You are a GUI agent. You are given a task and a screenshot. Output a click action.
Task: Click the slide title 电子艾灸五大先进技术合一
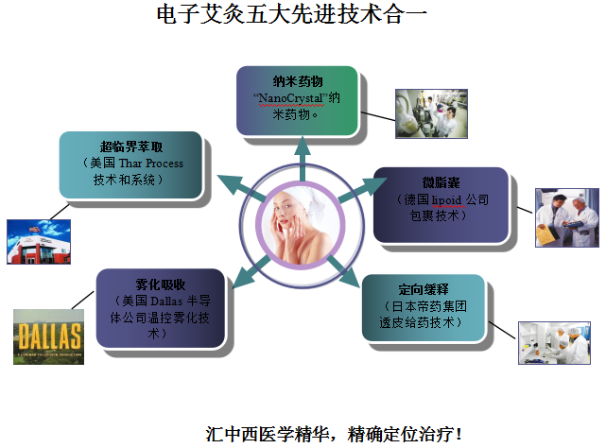[x=292, y=15]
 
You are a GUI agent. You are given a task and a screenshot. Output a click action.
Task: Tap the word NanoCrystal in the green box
[x=290, y=98]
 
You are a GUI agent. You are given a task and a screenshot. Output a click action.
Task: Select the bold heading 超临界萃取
[x=131, y=146]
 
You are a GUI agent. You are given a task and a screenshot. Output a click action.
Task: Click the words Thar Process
[x=150, y=164]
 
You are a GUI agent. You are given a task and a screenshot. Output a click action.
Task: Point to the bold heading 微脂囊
[x=441, y=182]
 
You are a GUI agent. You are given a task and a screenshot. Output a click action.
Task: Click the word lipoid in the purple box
[x=446, y=199]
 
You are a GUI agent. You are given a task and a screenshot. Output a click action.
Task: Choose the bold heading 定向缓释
[x=424, y=289]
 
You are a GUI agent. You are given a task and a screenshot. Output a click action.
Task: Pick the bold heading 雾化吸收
[x=161, y=284]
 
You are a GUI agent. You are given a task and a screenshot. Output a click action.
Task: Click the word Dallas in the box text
[x=166, y=302]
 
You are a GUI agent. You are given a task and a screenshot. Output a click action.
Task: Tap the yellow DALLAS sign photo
[x=49, y=336]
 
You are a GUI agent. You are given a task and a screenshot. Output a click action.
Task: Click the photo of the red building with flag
[x=39, y=242]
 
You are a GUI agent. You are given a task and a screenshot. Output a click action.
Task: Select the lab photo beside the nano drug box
[x=431, y=113]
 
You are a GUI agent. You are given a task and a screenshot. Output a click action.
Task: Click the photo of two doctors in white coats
[x=567, y=217]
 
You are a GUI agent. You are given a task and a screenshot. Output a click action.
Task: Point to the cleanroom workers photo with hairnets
[x=554, y=343]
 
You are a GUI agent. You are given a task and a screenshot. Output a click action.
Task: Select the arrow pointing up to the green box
[x=303, y=159]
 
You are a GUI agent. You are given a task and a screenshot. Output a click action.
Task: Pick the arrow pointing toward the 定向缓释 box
[x=343, y=271]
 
